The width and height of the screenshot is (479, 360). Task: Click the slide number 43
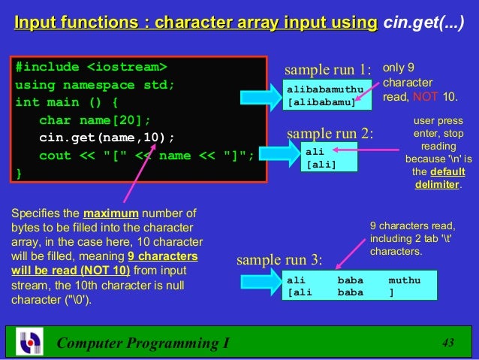tap(448, 343)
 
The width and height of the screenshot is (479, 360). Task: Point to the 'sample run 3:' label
tap(279, 261)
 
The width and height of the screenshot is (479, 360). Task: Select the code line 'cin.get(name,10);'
tap(107, 138)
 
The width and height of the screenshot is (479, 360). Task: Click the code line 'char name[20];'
tap(95, 119)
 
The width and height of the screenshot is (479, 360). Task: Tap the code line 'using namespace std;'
tap(95, 84)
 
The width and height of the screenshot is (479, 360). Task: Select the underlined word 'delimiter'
tap(438, 184)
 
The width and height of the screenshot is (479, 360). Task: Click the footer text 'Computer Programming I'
tap(144, 343)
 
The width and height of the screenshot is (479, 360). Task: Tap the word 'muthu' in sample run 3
tap(404, 280)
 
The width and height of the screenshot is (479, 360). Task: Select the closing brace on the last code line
tap(19, 174)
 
